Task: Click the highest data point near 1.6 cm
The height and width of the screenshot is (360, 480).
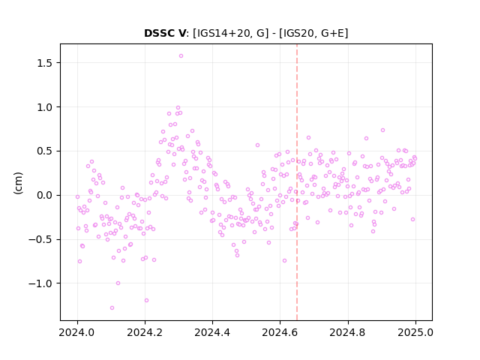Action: (181, 55)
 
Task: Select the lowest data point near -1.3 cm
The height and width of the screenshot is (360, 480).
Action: (112, 307)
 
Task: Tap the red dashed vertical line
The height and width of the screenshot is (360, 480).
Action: (297, 182)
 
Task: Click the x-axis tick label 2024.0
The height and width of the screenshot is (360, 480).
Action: (77, 332)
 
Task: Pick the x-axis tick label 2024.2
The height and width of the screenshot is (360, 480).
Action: (145, 332)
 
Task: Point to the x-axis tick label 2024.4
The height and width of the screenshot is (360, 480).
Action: (212, 332)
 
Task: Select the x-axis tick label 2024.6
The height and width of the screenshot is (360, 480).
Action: (280, 332)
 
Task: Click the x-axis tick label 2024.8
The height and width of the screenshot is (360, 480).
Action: (348, 332)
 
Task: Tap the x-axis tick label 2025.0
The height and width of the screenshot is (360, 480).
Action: (415, 332)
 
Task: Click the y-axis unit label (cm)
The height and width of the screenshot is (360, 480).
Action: (18, 183)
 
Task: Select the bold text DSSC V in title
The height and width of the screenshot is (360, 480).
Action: (165, 33)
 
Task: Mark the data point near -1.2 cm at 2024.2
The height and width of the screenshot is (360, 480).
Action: (146, 300)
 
